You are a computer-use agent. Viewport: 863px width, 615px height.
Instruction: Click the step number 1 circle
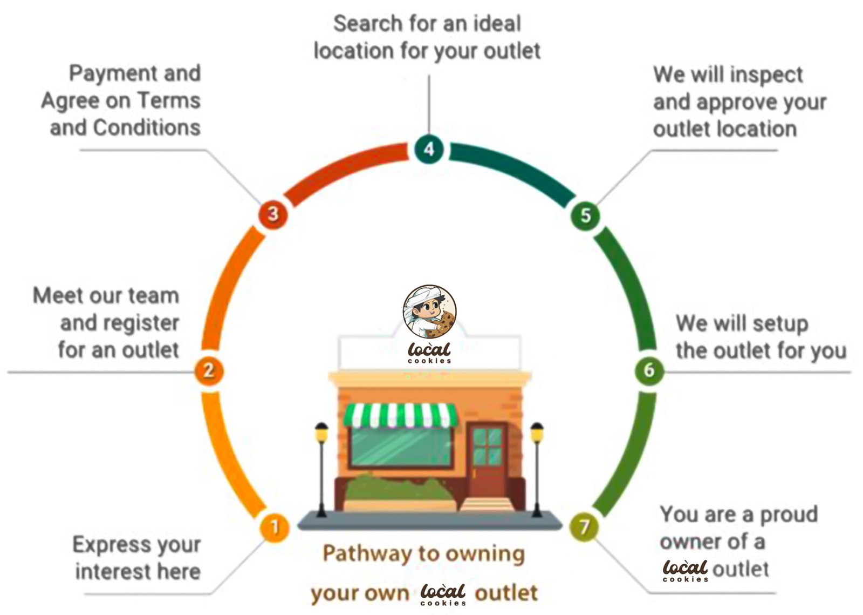[275, 526]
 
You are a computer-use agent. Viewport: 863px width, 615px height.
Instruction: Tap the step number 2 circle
[209, 370]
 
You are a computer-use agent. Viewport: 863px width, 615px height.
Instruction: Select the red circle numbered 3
[273, 214]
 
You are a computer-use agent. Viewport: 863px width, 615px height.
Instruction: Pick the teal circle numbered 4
[429, 149]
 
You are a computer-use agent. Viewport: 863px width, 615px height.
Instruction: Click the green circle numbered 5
[585, 215]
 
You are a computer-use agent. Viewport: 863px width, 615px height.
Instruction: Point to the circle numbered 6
[648, 370]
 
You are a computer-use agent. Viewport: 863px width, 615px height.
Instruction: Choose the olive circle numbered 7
[584, 526]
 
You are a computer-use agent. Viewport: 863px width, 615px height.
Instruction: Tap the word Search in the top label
[367, 24]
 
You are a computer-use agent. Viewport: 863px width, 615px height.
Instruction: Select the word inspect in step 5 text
[765, 75]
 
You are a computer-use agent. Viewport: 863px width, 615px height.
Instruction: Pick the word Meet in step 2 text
[56, 296]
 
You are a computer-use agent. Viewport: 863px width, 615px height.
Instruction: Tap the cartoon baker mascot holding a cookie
[429, 312]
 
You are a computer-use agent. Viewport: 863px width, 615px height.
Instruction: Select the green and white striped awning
[400, 415]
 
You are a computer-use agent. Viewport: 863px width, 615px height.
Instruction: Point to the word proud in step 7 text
[789, 515]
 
